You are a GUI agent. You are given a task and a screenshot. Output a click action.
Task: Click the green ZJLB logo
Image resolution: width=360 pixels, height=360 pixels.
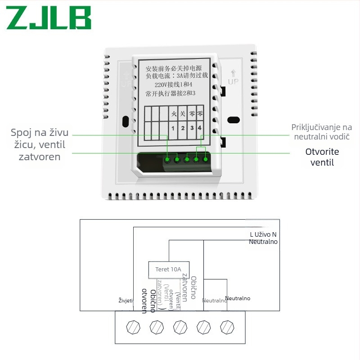49,18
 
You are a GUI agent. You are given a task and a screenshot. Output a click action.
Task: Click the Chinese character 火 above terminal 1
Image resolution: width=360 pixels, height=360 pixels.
174,113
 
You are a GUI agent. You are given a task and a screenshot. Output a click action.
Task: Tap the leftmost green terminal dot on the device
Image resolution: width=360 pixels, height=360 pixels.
167,159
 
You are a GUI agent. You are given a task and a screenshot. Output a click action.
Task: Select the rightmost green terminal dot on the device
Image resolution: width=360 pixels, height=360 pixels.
206,159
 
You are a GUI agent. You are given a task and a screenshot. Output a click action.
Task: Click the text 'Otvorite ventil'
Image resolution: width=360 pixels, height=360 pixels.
322,157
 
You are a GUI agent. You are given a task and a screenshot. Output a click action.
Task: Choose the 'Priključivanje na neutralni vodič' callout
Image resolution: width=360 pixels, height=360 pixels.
321,132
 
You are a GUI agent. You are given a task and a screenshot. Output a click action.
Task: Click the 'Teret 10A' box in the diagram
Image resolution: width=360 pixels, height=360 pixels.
168,270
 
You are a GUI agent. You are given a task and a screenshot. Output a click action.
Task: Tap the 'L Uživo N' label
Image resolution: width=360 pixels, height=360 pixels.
263,234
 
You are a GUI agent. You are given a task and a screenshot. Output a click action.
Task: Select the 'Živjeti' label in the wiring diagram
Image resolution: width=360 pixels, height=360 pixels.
126,300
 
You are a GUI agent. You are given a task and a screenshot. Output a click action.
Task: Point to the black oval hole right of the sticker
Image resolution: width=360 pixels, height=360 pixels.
234,120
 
